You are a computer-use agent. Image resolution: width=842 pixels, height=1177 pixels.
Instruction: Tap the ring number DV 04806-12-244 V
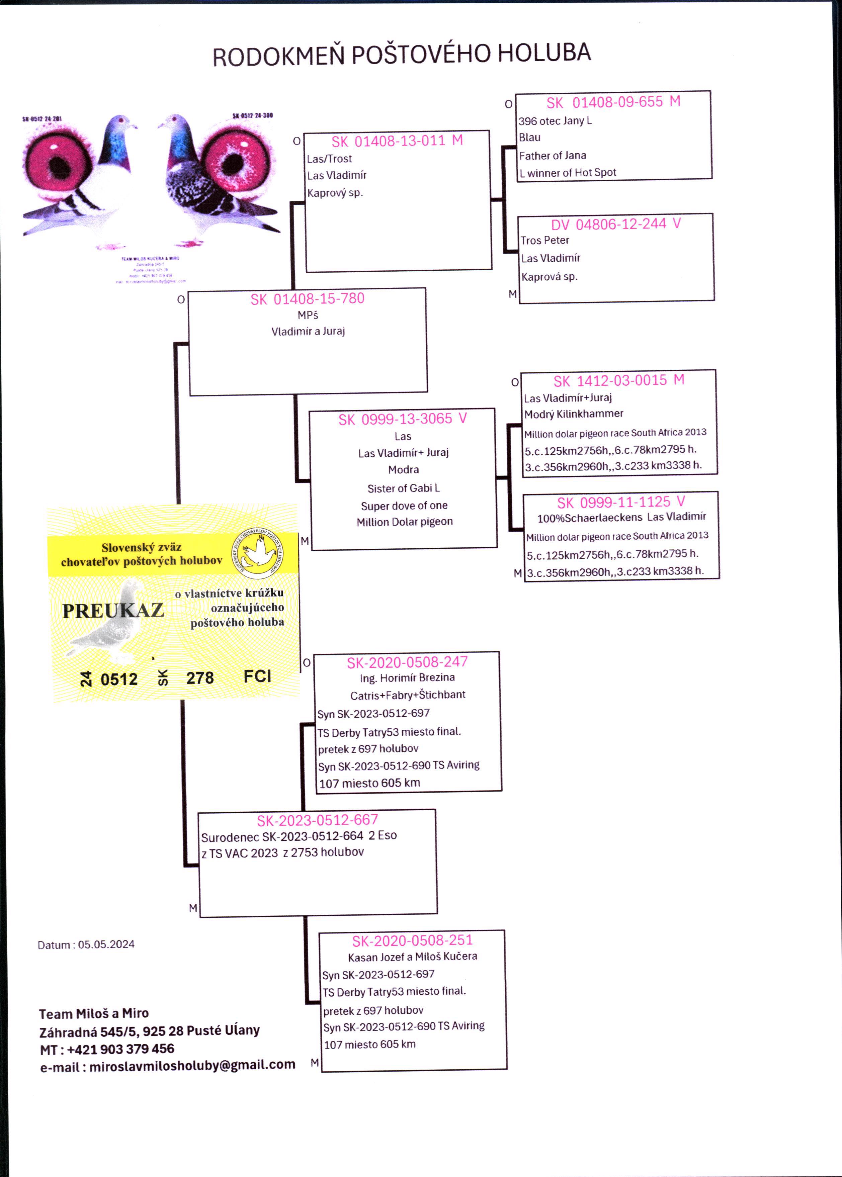(x=615, y=224)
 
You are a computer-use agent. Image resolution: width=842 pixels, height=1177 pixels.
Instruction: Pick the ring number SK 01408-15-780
(x=308, y=299)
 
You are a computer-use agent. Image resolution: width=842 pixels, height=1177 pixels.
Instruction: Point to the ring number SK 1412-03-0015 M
(x=618, y=381)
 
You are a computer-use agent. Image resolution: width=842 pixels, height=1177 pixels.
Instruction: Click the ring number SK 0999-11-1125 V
(x=620, y=502)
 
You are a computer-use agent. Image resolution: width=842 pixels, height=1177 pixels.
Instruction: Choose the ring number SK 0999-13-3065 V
(x=402, y=419)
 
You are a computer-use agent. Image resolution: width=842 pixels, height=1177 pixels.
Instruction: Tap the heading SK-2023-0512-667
(x=317, y=820)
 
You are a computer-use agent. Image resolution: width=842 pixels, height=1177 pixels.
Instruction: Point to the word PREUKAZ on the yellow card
(x=113, y=611)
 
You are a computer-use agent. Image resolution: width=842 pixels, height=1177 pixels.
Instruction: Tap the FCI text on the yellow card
(x=257, y=676)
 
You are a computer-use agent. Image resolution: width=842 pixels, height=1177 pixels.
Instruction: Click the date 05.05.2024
(x=106, y=944)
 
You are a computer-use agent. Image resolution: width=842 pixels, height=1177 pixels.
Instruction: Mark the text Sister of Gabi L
(x=403, y=488)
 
